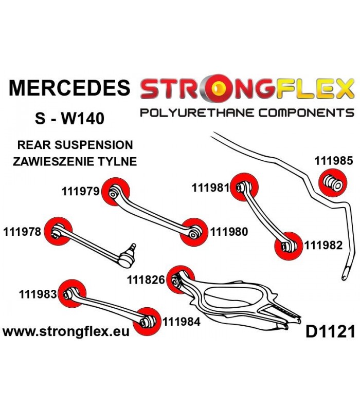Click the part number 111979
point(81,191)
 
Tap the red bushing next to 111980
point(194,232)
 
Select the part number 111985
point(334,160)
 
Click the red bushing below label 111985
point(332,183)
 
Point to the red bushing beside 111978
point(58,231)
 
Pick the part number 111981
point(211,188)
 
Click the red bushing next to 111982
point(289,246)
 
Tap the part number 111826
point(146,280)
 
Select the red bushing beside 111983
point(71,293)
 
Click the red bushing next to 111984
point(147,322)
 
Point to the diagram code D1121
point(330,331)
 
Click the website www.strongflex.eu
point(66,332)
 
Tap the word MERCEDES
point(69,87)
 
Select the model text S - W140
point(70,118)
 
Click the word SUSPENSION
point(94,145)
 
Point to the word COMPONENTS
point(306,113)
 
